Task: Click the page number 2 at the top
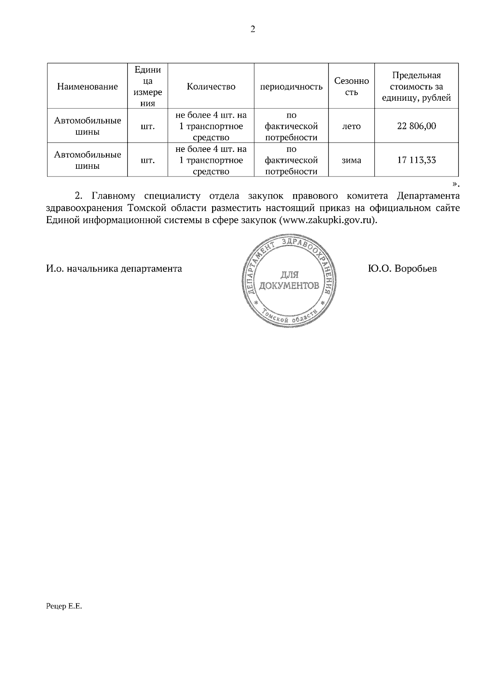coord(253,29)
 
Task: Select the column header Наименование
coord(87,87)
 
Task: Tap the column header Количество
coord(211,87)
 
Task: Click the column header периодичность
coord(291,87)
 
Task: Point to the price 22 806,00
coord(416,126)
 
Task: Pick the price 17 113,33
coord(416,160)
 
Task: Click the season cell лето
coord(351,126)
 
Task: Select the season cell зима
coord(351,160)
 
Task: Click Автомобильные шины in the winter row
coord(87,160)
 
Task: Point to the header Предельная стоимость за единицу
coord(416,87)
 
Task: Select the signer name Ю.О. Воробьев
coord(402,269)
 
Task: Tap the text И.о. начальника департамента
coord(114,269)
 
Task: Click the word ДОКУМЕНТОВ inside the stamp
coord(289,286)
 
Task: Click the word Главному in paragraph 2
coord(115,196)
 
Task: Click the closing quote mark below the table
coord(454,184)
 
